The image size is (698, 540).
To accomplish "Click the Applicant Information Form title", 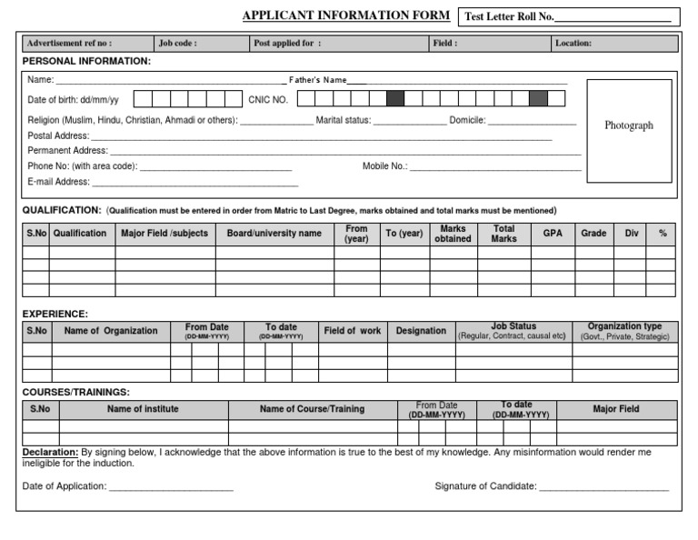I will point(345,15).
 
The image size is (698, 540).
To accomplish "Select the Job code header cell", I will point(199,43).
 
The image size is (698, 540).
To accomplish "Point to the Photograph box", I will point(629,126).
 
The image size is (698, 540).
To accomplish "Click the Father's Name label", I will point(317,80).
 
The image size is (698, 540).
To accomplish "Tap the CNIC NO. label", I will point(268,100).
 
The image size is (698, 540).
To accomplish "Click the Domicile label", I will point(467,119).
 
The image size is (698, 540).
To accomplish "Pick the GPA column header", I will point(553,234).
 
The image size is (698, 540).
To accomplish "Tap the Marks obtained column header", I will point(453,234).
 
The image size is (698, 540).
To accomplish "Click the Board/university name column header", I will point(274,234).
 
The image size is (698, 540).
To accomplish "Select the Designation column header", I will point(421,331).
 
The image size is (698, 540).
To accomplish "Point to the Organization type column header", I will point(624,331).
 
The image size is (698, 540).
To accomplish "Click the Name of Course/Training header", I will point(312,409).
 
